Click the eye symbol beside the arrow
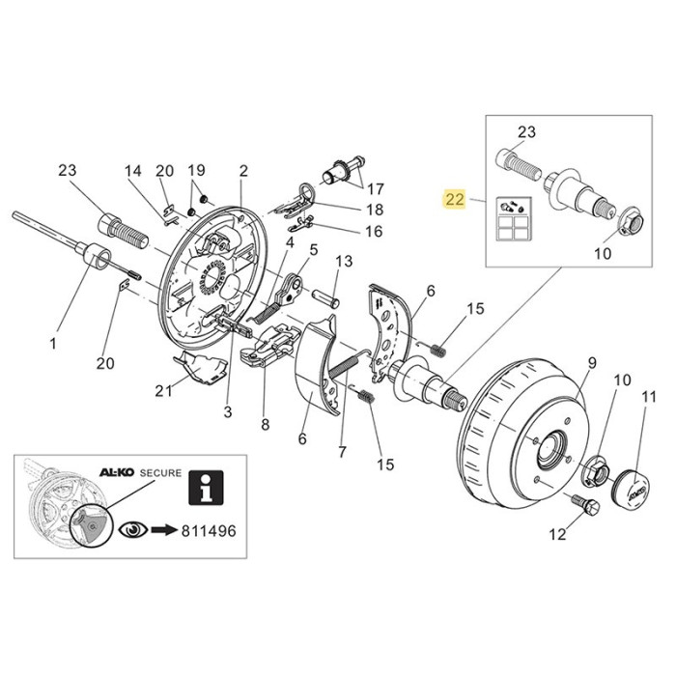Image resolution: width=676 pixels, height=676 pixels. pos(131,530)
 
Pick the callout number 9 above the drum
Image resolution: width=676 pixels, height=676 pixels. pos(592,362)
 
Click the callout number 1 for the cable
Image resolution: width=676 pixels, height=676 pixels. pos(53,342)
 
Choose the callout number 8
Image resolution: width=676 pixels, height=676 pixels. pos(265,422)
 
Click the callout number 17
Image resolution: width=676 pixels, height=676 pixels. pos(375,187)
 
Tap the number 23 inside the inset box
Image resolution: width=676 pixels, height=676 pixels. pos(526,131)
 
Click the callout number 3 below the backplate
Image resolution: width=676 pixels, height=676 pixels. pos(228,412)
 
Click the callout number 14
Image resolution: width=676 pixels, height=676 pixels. pos(132,171)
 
